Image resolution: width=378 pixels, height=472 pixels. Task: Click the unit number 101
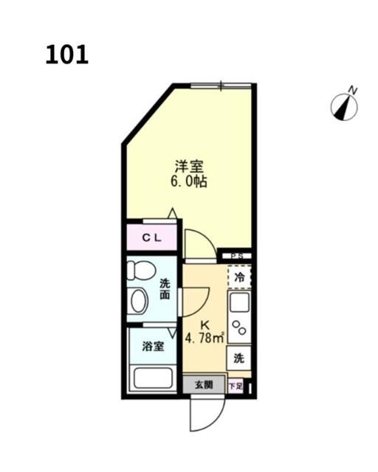pos(66,55)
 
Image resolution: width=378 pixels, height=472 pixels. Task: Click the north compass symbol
pos(343,108)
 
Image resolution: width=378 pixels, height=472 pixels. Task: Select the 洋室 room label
pos(189,166)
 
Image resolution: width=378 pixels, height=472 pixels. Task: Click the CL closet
pos(152,237)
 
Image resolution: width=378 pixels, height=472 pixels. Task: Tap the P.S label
pos(237,256)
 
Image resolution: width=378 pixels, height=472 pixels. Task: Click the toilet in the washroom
pos(140,269)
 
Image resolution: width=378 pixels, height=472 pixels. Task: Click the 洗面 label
pos(165,288)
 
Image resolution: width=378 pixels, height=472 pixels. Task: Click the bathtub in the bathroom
pos(153,377)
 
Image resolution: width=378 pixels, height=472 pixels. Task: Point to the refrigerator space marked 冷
pos(239,278)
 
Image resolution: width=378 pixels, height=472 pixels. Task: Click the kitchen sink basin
pos(239,303)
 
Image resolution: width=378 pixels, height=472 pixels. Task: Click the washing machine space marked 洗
pos(238,358)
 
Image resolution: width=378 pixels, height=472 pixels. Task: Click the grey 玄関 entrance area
pos(204,384)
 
